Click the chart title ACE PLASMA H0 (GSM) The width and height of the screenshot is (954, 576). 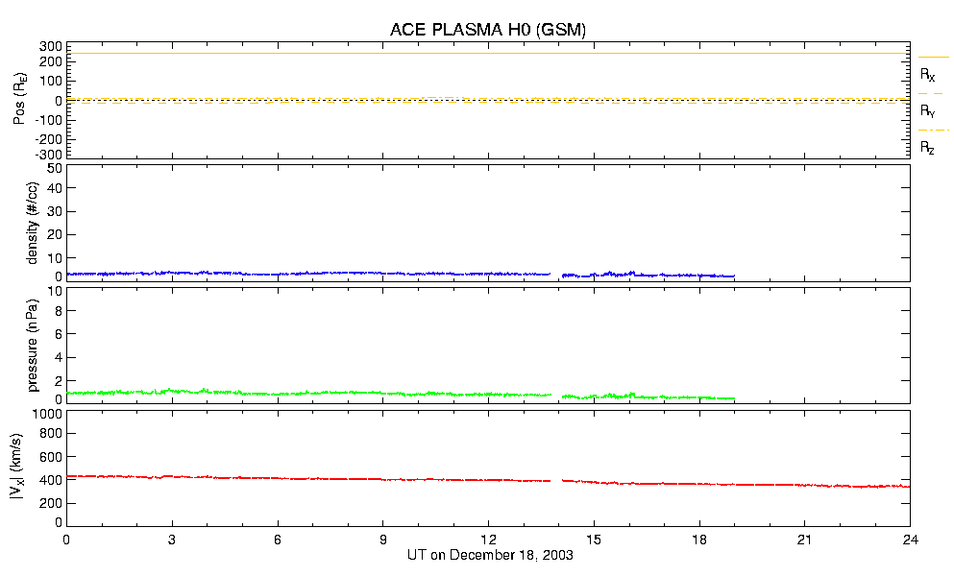[x=487, y=30]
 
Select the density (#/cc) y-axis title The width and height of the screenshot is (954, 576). [x=33, y=224]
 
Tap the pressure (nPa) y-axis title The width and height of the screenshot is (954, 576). [x=33, y=344]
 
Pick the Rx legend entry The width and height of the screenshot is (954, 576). [x=928, y=74]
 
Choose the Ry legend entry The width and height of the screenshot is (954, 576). [x=928, y=111]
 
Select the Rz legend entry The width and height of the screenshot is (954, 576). [x=928, y=148]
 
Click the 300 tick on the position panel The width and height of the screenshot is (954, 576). [x=51, y=46]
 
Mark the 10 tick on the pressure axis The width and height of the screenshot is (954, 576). [x=56, y=310]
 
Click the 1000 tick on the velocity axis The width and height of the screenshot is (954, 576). [x=48, y=414]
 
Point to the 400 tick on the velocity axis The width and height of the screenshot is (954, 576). [x=51, y=480]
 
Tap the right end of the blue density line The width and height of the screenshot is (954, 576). [x=735, y=276]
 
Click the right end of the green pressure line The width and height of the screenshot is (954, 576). [x=735, y=398]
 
